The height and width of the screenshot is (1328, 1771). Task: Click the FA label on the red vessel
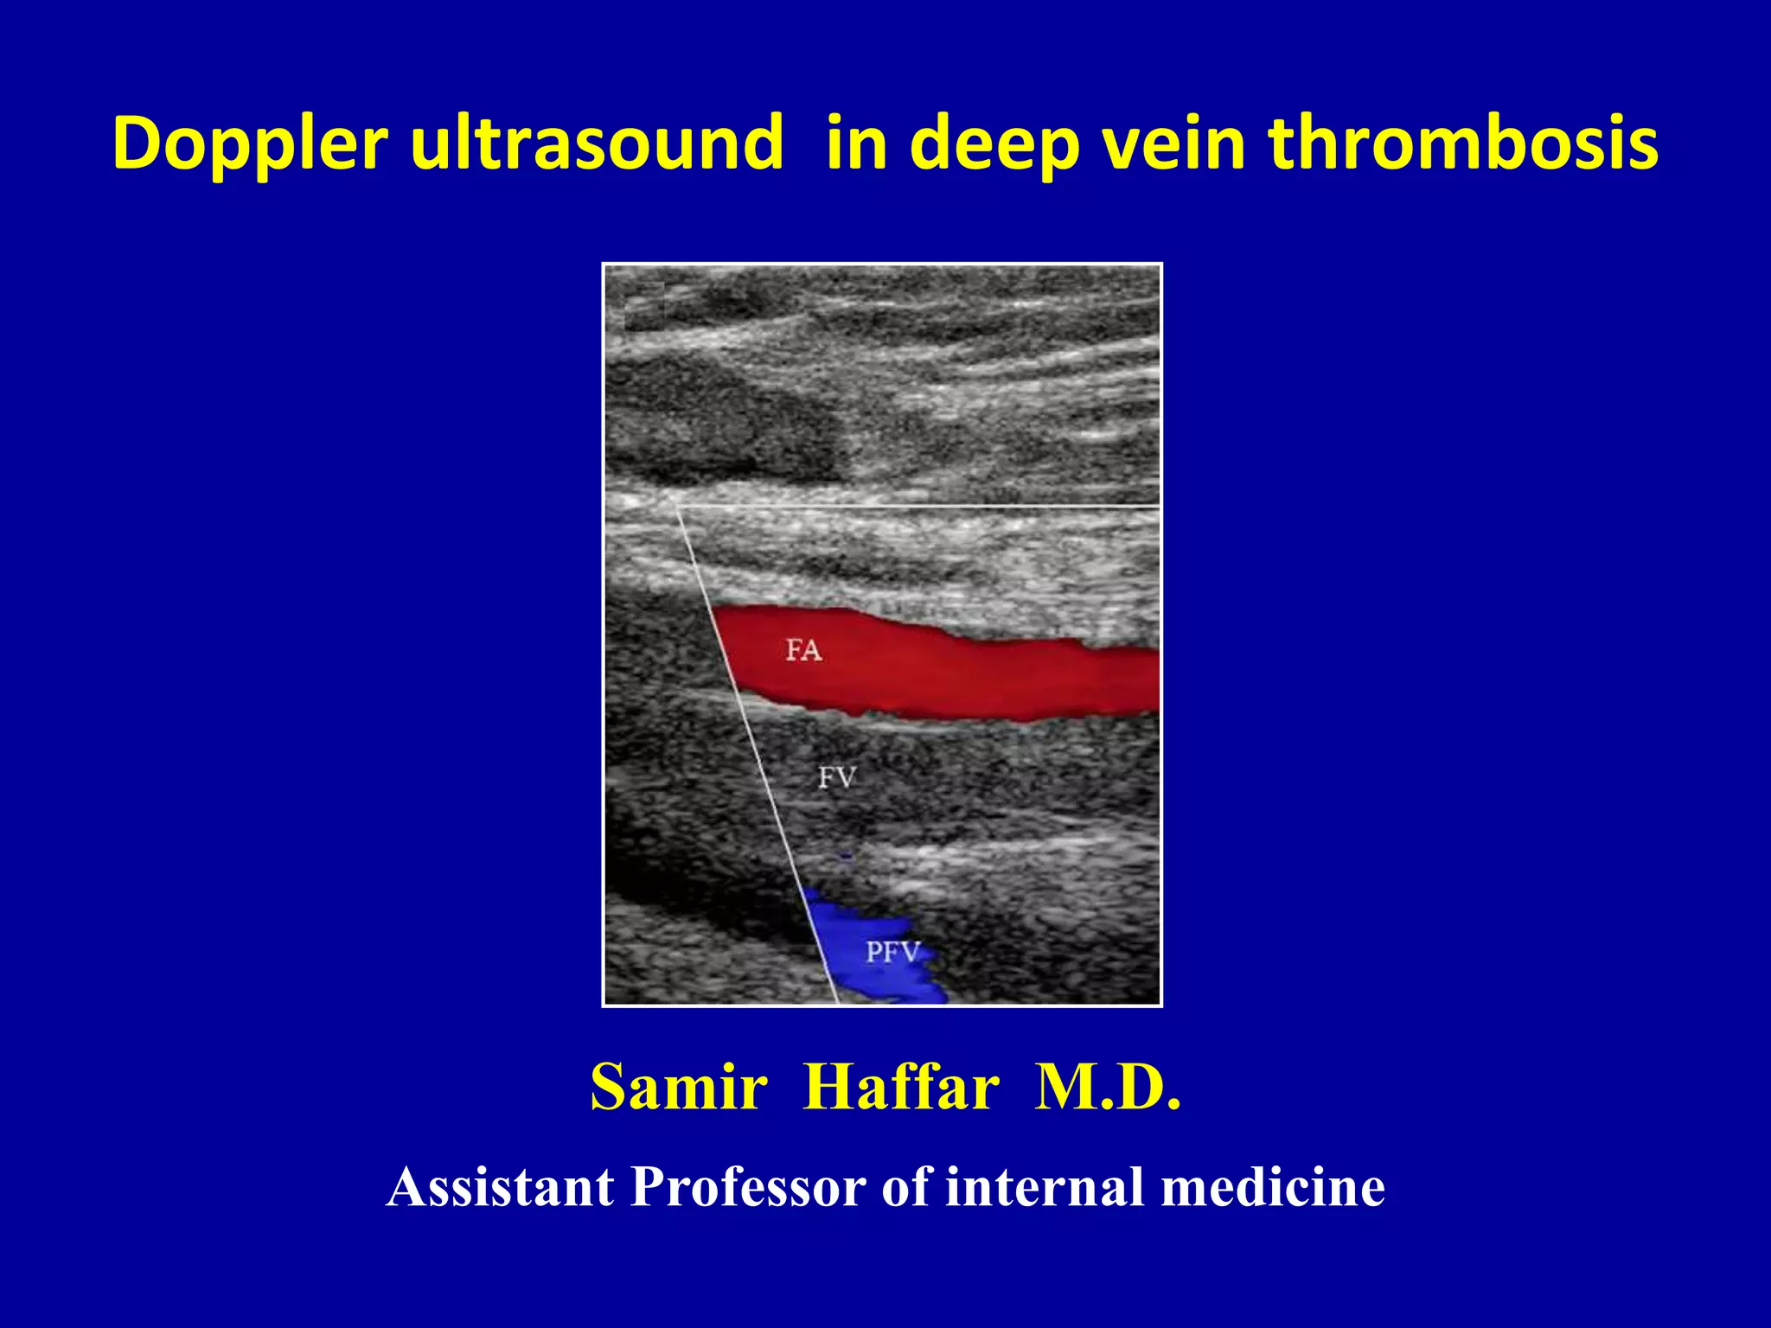pyautogui.click(x=803, y=650)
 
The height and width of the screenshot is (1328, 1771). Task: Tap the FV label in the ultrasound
pyautogui.click(x=836, y=778)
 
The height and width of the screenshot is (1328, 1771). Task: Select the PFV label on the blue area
pyautogui.click(x=892, y=953)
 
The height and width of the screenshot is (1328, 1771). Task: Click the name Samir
pyautogui.click(x=679, y=1088)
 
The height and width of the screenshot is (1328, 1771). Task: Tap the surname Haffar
pyautogui.click(x=901, y=1088)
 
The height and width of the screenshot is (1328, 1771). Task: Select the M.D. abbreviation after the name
pyautogui.click(x=1108, y=1088)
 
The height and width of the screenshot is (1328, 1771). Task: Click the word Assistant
pyautogui.click(x=501, y=1187)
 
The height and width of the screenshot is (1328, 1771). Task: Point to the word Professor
pyautogui.click(x=748, y=1187)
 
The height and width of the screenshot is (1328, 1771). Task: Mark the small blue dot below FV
pyautogui.click(x=846, y=857)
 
